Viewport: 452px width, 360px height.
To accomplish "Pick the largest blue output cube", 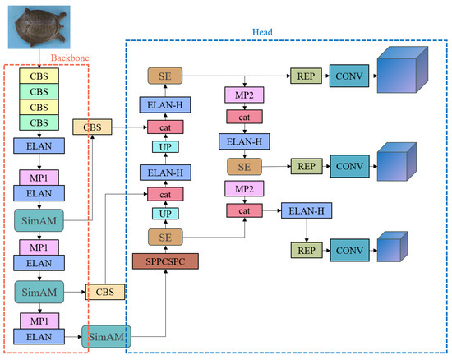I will click(399, 75).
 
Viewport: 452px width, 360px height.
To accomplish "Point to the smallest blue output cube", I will click(390, 249).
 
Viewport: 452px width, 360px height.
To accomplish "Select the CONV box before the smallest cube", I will click(349, 249).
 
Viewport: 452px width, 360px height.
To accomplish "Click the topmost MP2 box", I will click(243, 95).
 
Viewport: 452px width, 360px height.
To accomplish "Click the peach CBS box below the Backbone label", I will click(91, 127).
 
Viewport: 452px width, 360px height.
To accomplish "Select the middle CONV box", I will click(349, 166).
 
